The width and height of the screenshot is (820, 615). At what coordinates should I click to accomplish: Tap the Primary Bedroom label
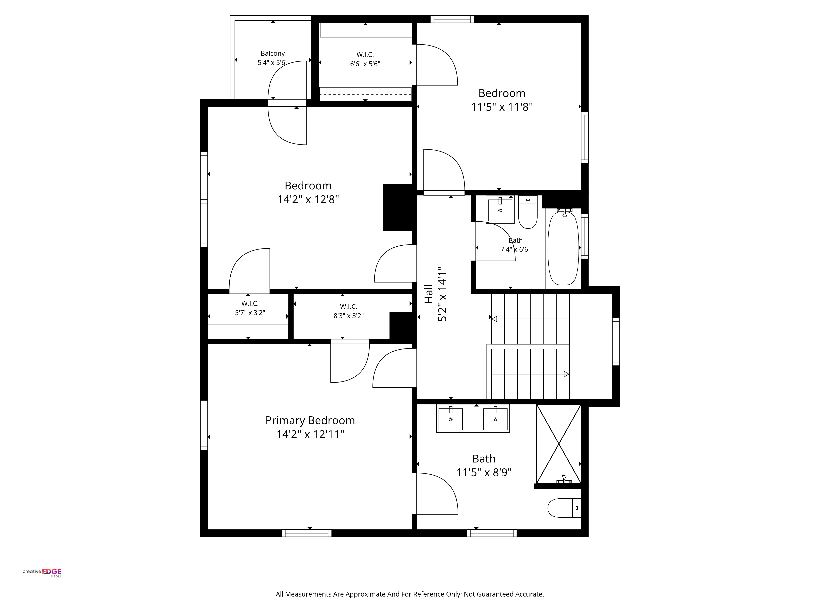[x=310, y=420]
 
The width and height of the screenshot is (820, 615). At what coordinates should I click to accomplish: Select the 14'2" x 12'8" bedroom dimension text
[x=308, y=199]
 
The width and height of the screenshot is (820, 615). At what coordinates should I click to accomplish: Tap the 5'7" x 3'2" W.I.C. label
[x=250, y=308]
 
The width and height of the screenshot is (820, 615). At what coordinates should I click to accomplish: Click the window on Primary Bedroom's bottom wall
[x=306, y=533]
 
